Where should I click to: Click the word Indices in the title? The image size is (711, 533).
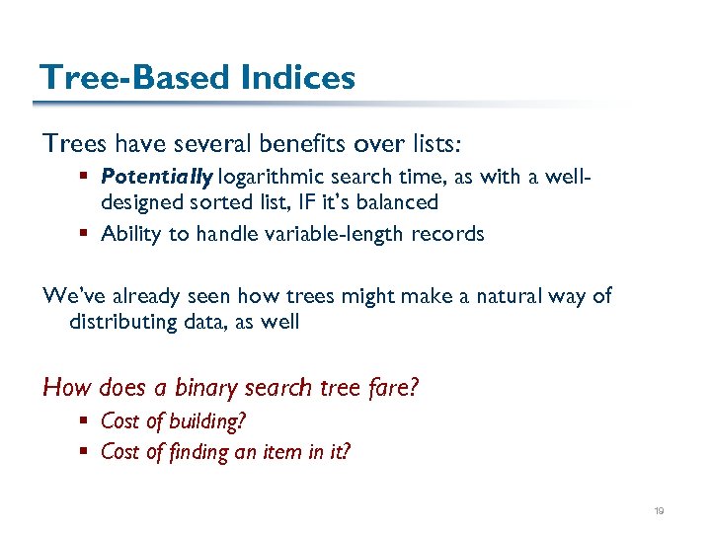(295, 77)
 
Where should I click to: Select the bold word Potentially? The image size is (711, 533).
(156, 178)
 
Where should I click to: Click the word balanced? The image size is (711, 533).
(396, 202)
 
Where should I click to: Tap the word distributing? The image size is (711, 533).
(132, 322)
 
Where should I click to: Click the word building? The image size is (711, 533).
(207, 421)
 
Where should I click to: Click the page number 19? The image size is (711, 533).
(660, 510)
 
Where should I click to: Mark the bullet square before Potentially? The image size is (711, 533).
(90, 179)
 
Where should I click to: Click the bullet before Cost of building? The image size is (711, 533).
(90, 421)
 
